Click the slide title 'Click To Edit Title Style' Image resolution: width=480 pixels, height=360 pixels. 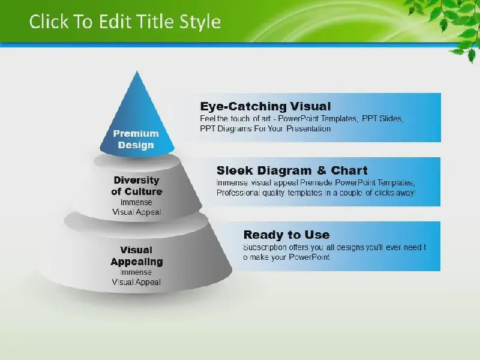125,22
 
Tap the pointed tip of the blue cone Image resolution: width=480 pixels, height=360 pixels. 137,71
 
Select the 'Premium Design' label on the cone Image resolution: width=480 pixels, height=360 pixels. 136,139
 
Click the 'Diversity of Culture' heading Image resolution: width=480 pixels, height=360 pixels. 137,186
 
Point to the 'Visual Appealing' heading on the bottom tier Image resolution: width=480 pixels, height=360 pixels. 137,256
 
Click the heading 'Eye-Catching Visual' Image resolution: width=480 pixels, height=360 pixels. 265,106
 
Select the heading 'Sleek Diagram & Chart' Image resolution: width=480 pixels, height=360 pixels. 292,170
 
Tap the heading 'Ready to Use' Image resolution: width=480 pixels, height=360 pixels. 287,235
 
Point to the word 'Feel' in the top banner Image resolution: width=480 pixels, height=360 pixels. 207,118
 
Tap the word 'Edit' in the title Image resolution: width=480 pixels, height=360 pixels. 115,22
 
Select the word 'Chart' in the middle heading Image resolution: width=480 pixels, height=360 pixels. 349,170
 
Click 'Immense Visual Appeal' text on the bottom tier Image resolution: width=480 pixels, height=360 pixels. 136,277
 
